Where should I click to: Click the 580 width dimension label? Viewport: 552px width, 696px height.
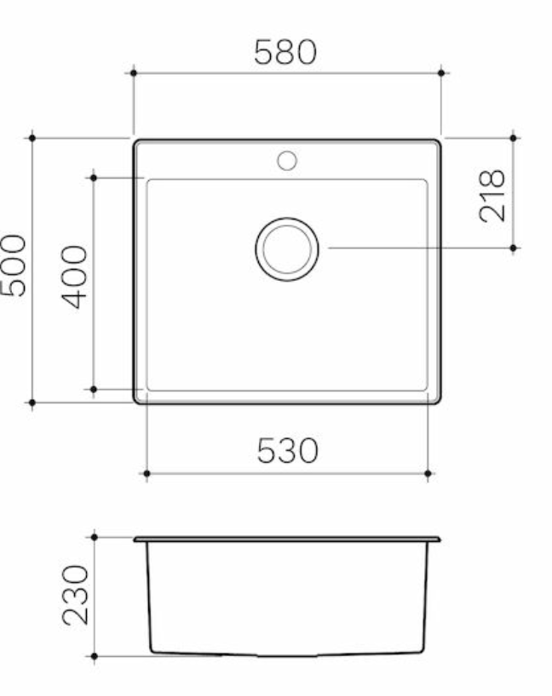(x=285, y=53)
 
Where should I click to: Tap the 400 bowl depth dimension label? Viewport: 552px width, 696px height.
(x=75, y=277)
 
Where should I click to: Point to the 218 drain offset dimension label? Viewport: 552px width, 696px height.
(x=492, y=196)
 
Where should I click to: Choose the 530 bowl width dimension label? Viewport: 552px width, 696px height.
(x=287, y=450)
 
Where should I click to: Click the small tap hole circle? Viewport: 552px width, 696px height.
(x=287, y=160)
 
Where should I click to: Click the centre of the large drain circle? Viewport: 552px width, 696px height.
(x=287, y=248)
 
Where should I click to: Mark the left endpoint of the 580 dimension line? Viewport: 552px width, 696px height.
(x=134, y=73)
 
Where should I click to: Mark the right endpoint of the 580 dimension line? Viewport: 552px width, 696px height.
(x=440, y=73)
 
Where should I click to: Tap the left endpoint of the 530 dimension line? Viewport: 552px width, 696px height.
(x=147, y=472)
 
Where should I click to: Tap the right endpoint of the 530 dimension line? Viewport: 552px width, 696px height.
(x=428, y=472)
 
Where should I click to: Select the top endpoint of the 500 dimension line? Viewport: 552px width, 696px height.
(x=32, y=137)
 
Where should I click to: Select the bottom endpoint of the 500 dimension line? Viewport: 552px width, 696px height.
(x=32, y=402)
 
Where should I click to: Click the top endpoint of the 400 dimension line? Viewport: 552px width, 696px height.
(x=94, y=177)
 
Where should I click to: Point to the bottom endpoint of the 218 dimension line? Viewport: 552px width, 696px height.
(x=514, y=248)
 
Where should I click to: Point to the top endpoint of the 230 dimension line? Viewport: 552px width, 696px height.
(x=94, y=537)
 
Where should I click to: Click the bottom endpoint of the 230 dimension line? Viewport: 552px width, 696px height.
(x=94, y=656)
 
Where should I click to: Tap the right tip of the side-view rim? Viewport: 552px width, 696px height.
(x=440, y=539)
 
